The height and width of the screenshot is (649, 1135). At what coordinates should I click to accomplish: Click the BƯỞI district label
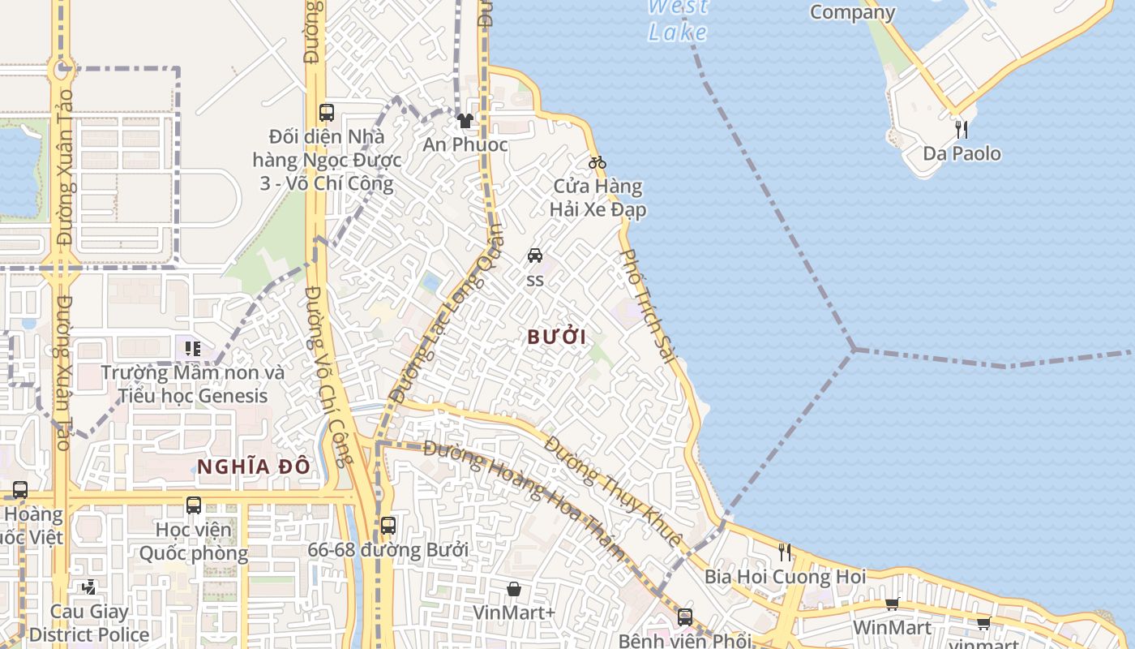556,337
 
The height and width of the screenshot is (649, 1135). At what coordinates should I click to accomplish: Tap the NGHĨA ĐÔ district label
254,466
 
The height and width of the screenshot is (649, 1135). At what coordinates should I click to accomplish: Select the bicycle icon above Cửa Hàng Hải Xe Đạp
597,162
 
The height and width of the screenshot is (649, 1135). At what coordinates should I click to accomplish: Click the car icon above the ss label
535,256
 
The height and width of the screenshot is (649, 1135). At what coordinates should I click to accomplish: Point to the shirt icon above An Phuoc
465,121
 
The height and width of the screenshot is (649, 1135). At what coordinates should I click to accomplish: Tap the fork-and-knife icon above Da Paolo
962,129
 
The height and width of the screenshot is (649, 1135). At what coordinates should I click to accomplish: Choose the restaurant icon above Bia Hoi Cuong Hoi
785,552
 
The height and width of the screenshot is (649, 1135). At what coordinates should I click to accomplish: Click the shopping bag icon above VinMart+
513,588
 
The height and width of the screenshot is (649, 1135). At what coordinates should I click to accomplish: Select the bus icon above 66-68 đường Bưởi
388,525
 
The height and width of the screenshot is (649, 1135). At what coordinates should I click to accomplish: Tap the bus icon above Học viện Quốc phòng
194,505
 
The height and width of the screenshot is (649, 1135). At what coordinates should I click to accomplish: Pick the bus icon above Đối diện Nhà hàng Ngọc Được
327,113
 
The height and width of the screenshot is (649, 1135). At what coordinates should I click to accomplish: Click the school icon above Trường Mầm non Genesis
193,349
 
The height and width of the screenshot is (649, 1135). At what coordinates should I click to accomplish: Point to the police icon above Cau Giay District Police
89,587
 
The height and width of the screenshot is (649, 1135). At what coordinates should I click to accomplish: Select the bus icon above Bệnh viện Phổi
685,617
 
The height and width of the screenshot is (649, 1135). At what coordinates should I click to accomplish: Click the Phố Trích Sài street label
648,305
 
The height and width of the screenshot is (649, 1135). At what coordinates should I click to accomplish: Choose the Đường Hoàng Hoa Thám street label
525,501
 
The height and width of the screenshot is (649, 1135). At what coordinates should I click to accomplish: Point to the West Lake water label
678,20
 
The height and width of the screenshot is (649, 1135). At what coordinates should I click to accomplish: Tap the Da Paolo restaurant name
962,153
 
